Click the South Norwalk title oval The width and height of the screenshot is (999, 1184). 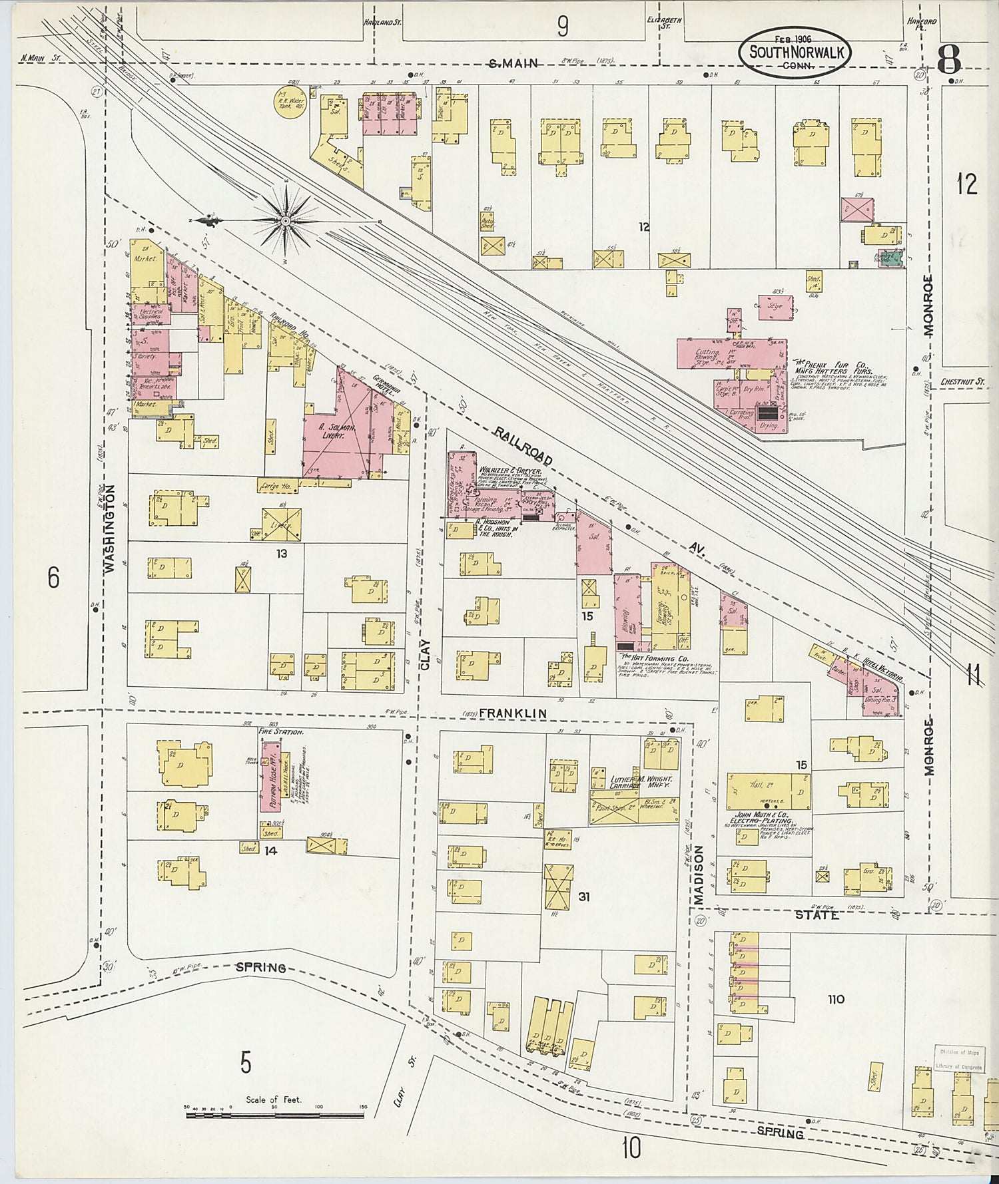pyautogui.click(x=794, y=51)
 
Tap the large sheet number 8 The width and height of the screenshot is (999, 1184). pyautogui.click(x=948, y=61)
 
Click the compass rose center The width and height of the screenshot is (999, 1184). pyautogui.click(x=286, y=221)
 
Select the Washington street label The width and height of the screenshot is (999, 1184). pyautogui.click(x=110, y=528)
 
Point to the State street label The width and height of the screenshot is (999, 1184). pyautogui.click(x=817, y=915)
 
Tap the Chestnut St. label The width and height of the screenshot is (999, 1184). pyautogui.click(x=962, y=382)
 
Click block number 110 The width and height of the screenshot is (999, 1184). pyautogui.click(x=835, y=999)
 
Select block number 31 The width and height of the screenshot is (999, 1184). pyautogui.click(x=583, y=896)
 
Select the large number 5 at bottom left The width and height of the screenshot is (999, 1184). pyautogui.click(x=246, y=1062)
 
